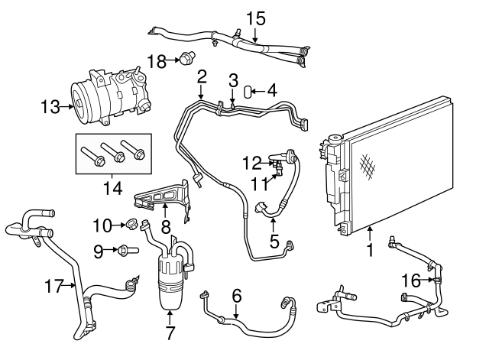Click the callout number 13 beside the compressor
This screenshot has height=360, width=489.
(x=50, y=108)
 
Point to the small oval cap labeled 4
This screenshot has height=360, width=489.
(x=248, y=92)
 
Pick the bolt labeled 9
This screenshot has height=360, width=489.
(x=128, y=249)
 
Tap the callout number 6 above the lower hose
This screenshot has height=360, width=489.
(x=236, y=294)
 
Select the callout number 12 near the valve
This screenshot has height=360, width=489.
(x=252, y=161)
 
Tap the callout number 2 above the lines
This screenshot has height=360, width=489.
(x=202, y=76)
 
